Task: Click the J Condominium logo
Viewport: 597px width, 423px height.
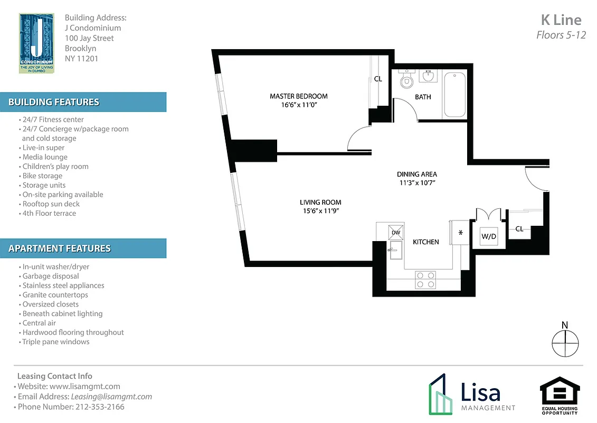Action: pos(36,43)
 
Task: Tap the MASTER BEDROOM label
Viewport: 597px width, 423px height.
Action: pos(298,96)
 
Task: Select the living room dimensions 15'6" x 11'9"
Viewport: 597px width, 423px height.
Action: pos(320,211)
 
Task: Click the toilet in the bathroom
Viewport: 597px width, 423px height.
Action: pos(406,80)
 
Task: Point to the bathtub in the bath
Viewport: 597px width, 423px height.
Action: pos(454,95)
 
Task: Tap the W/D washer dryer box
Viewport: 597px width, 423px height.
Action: pos(488,236)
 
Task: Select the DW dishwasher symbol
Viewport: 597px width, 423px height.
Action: pos(395,232)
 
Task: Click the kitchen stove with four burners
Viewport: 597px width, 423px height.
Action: pos(425,280)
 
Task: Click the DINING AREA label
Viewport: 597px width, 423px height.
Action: pos(416,174)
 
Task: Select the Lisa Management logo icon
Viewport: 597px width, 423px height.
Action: pos(440,393)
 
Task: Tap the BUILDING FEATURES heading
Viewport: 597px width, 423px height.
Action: pos(54,102)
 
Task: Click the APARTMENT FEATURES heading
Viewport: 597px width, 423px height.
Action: pos(60,248)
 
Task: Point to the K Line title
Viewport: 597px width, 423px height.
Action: pos(561,20)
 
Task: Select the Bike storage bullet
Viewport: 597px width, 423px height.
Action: pos(42,176)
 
